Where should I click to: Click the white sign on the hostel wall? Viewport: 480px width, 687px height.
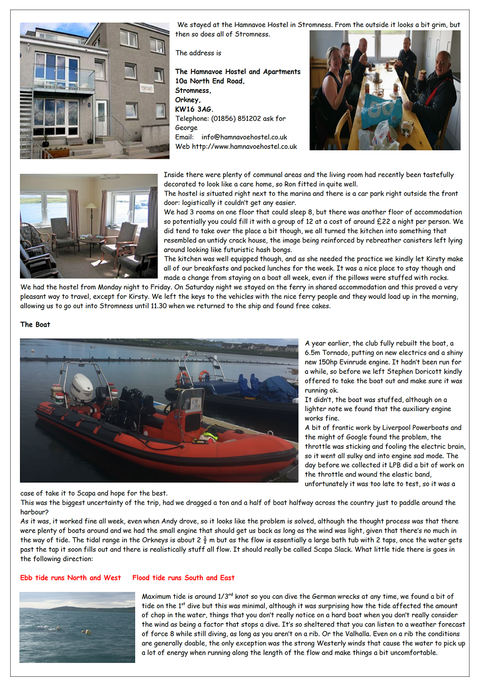point(147,88)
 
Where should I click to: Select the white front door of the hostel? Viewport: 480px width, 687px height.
point(101,118)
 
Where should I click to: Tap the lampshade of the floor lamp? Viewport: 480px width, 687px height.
point(91,206)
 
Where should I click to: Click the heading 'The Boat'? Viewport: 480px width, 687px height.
point(35,325)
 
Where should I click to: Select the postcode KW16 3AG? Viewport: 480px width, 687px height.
point(194,109)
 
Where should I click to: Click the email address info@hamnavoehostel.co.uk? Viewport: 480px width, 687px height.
point(244,137)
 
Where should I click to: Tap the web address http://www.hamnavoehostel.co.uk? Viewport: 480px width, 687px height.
point(244,146)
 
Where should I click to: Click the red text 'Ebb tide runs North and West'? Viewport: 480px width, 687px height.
point(71,578)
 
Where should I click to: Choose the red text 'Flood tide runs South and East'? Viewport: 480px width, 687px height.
point(183,578)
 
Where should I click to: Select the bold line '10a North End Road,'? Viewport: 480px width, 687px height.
point(210,81)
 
